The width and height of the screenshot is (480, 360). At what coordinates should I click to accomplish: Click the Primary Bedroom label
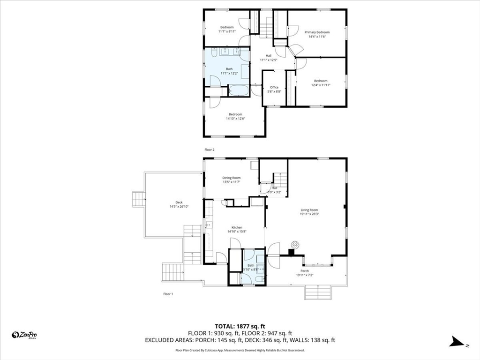tap(317, 32)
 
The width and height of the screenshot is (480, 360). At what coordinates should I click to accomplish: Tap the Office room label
tap(274, 87)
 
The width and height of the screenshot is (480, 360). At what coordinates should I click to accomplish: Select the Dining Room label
tap(231, 178)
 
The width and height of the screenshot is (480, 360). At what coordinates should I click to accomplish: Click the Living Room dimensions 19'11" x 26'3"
tap(309, 214)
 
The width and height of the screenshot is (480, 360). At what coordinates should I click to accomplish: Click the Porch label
tap(305, 271)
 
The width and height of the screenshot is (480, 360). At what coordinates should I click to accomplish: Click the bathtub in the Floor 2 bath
tap(239, 90)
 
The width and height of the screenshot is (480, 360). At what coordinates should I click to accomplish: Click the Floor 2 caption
tap(209, 150)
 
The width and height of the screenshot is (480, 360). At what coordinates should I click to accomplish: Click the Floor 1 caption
tap(168, 294)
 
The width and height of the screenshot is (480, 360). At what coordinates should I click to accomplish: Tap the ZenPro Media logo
tap(24, 335)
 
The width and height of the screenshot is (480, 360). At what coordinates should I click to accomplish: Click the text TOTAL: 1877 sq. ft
tap(240, 326)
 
